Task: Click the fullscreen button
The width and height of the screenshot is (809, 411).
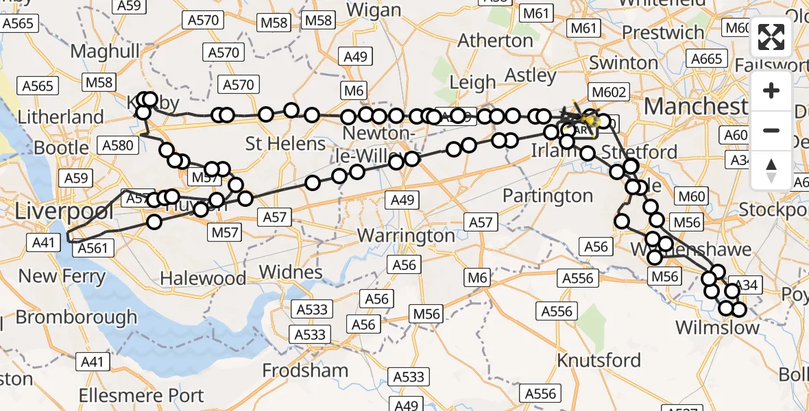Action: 771,38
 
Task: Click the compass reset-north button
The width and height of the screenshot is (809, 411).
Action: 771,171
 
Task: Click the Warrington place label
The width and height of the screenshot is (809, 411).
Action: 406,236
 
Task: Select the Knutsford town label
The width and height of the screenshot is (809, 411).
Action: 599,360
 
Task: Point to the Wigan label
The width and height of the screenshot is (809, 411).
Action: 374,10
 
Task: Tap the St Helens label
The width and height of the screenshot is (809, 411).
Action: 286,145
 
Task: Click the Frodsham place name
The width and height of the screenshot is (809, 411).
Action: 305,371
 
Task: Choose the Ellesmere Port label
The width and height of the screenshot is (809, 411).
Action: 141,396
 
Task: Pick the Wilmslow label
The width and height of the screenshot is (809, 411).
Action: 717,327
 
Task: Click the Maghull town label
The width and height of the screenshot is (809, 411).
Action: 105,51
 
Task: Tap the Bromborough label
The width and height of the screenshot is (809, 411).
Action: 76,318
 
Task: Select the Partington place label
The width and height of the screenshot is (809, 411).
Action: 547,196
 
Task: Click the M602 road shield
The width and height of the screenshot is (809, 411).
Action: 606,92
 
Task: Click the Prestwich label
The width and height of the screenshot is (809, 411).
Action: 663,33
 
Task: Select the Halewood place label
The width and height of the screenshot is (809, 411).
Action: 203,278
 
